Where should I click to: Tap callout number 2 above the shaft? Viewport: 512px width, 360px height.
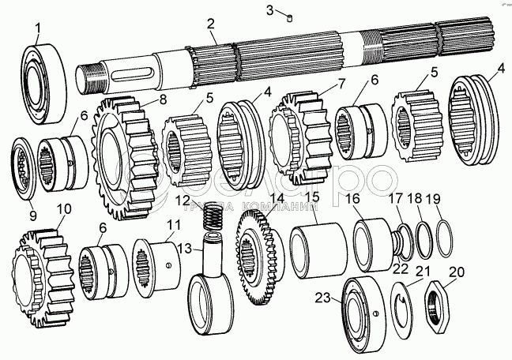click(212, 24)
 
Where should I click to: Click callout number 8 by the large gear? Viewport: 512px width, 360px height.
click(163, 99)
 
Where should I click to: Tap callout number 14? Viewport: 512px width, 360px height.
click(276, 199)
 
